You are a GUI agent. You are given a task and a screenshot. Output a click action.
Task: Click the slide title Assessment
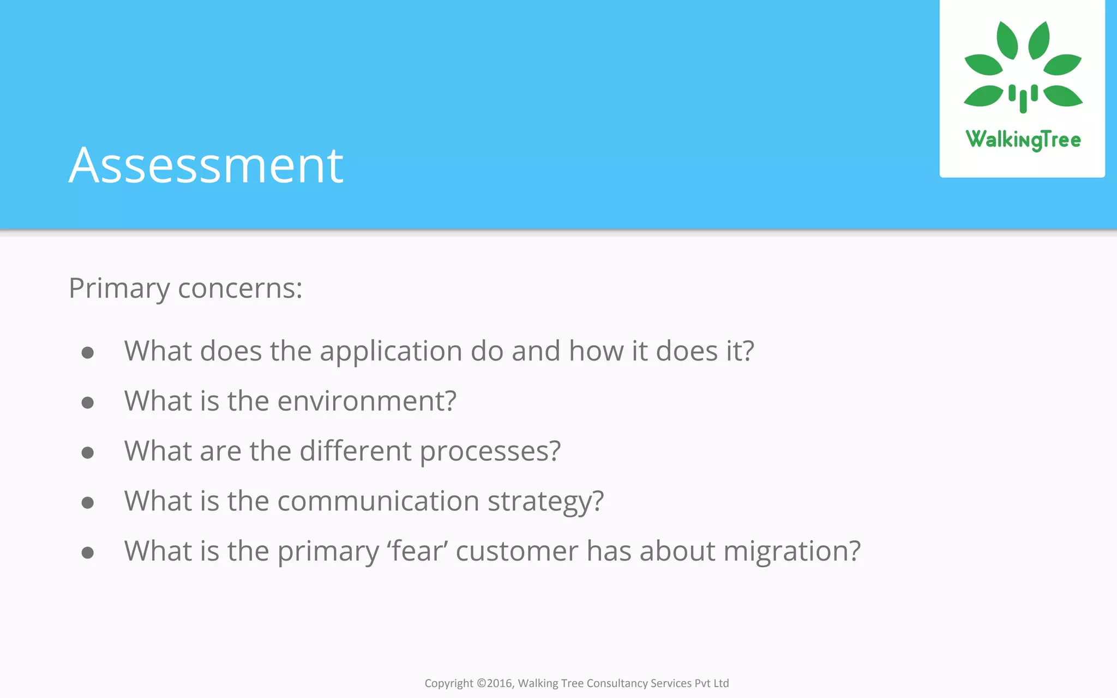tap(206, 165)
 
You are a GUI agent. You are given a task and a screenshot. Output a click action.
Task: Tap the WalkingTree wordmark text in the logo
tap(1023, 140)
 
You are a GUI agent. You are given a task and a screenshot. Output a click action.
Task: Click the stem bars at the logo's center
tap(1023, 98)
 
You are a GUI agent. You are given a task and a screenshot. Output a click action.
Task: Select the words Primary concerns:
tap(185, 288)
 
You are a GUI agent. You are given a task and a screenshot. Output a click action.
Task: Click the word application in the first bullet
tap(391, 352)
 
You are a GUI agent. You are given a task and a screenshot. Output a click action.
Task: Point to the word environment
tap(367, 401)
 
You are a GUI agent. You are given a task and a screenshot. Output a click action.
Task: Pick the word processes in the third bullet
tap(490, 452)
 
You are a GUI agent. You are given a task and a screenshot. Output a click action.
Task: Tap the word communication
tap(378, 501)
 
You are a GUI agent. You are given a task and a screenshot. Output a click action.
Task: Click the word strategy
tap(545, 502)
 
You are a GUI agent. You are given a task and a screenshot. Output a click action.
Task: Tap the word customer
tap(517, 551)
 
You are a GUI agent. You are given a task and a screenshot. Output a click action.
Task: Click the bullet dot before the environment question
tap(87, 403)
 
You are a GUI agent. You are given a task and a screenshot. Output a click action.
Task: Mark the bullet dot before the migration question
tap(87, 553)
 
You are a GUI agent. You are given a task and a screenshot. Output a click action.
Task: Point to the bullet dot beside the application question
tap(87, 353)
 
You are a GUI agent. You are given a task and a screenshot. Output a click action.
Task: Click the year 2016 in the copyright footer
tap(499, 683)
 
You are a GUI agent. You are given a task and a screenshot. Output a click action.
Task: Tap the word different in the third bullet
tap(355, 452)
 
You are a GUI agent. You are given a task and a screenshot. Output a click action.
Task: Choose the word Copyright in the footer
tap(449, 683)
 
